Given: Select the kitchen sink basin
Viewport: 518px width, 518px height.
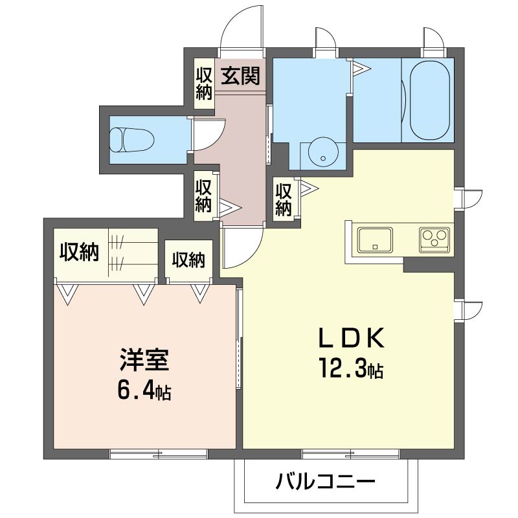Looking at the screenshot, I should (375, 240).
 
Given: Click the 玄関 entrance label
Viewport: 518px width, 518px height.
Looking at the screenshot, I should (242, 76).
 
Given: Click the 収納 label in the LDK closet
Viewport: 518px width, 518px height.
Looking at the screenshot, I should (283, 199).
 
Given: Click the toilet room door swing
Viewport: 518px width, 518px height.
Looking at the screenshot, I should (208, 133).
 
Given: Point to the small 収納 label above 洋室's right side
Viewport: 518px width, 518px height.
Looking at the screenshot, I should (188, 260).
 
